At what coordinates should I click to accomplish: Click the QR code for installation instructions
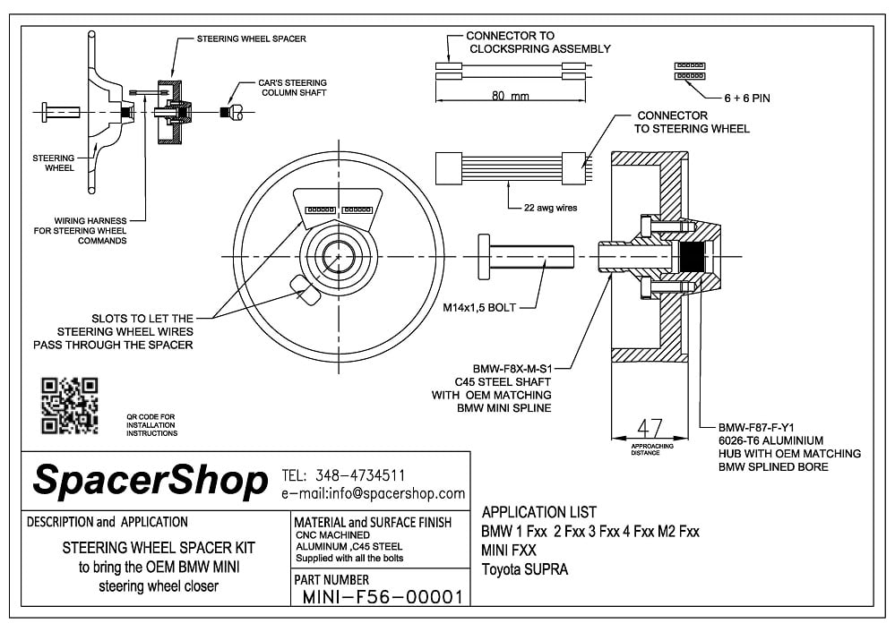pyautogui.click(x=70, y=406)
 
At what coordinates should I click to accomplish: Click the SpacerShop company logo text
pyautogui.click(x=150, y=481)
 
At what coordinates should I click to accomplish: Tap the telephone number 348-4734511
pyautogui.click(x=358, y=475)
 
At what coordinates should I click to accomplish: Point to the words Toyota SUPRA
pyautogui.click(x=525, y=569)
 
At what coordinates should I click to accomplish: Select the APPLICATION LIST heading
pyautogui.click(x=538, y=513)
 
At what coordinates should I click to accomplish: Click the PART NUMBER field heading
pyautogui.click(x=331, y=580)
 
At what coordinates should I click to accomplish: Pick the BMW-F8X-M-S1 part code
pyautogui.click(x=512, y=368)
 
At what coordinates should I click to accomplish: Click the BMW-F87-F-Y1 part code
pyautogui.click(x=762, y=427)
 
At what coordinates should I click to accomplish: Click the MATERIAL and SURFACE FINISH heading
pyautogui.click(x=373, y=522)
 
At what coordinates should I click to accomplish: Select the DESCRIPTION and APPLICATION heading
pyautogui.click(x=108, y=521)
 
